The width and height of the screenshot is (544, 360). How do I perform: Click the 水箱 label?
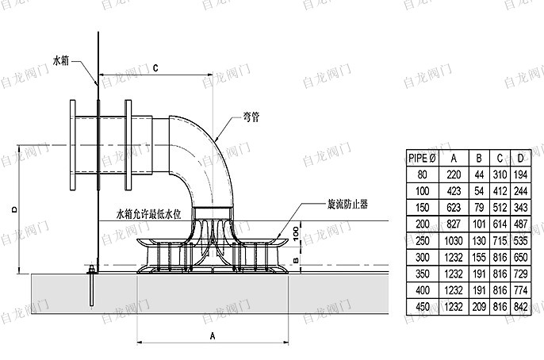click(x=61, y=61)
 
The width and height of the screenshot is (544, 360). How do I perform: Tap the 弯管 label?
click(x=251, y=117)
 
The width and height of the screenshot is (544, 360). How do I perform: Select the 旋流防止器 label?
click(x=347, y=205)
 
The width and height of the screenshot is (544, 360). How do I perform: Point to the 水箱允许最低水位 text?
click(x=149, y=214)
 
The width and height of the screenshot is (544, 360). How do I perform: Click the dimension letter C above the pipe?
click(x=155, y=68)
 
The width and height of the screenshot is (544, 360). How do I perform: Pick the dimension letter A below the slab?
click(x=213, y=335)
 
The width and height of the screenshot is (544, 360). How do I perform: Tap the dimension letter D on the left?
click(x=14, y=209)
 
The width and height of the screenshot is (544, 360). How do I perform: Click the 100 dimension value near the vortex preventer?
click(x=296, y=233)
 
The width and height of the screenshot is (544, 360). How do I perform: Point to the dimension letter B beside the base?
click(x=296, y=260)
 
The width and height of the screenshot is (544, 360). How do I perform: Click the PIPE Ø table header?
click(x=422, y=158)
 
